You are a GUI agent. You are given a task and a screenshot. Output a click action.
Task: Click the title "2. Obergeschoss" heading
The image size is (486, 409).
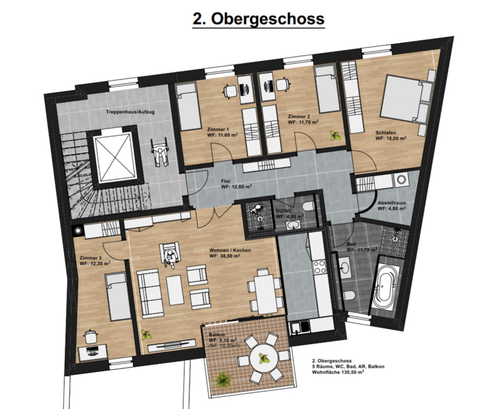(x=259, y=19)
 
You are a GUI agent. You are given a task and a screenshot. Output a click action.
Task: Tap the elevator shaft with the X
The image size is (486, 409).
(x=115, y=158)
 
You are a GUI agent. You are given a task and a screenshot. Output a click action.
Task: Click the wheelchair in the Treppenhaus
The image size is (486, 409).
(x=159, y=153)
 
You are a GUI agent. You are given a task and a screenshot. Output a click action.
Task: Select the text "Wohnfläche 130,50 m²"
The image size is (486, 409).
(x=338, y=372)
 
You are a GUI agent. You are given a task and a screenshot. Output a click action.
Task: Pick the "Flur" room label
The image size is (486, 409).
(x=226, y=181)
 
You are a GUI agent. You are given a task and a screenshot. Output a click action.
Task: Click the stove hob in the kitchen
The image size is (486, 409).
(x=320, y=267)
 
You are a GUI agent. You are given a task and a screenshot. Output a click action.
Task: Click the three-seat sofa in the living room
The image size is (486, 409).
(x=151, y=293)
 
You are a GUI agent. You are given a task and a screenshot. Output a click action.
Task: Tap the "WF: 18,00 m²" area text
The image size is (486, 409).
(x=391, y=139)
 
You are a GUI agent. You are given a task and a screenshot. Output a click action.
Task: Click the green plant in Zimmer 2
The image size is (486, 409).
(x=335, y=136)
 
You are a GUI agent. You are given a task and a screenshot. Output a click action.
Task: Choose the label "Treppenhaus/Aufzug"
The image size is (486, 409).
(x=130, y=112)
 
